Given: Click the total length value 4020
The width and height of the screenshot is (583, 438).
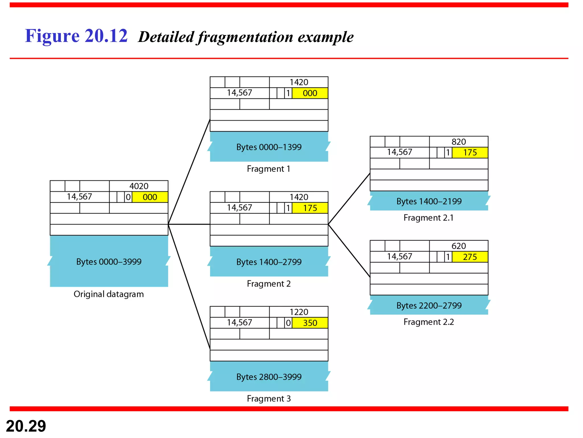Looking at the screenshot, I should pos(139,186).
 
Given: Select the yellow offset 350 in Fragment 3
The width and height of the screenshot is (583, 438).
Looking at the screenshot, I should pos(310,323).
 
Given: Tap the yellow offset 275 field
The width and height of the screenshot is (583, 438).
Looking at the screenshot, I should pos(470,257).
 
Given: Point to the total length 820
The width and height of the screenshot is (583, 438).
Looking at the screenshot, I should pos(459,142).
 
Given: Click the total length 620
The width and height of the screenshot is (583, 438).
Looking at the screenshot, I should pos(459,246).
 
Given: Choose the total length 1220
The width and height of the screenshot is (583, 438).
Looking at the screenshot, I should pos(299,312).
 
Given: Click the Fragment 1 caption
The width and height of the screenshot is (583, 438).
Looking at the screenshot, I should pos(268,169).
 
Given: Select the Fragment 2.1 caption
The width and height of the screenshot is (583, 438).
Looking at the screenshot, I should pos(428,218).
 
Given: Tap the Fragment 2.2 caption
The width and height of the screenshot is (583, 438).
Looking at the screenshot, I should pos(428,322).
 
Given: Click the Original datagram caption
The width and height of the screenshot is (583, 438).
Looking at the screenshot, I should pos(109,294).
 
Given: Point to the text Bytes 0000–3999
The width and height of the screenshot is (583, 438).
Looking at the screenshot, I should pos(109,262).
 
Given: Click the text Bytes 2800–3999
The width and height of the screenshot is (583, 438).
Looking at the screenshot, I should pos(269,377).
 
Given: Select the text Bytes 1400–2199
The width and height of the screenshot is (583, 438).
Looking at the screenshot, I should pos(429,201).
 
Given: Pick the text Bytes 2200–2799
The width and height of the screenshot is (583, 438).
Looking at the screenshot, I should pos(429,305).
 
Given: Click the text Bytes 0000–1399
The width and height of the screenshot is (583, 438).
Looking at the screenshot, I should pos(269,147).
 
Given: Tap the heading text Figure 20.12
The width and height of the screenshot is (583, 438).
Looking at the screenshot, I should pos(76,36).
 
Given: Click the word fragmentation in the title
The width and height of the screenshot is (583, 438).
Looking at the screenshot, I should pos(245,37).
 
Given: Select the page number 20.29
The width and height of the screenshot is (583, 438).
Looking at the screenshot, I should pos(26,426).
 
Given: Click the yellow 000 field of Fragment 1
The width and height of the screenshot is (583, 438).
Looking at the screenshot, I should pos(310,93).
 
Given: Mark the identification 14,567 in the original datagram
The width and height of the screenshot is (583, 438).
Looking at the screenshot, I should pos(79,197).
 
